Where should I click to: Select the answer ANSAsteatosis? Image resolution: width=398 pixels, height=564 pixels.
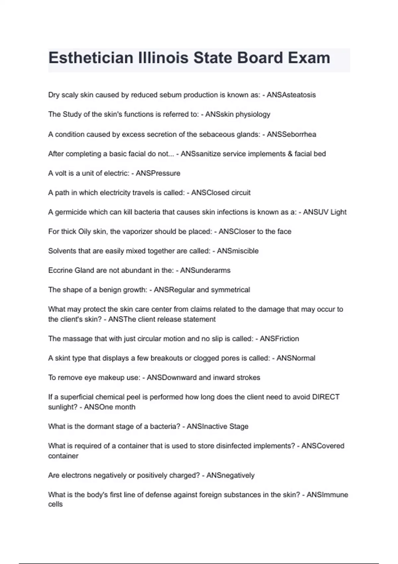(x=291, y=95)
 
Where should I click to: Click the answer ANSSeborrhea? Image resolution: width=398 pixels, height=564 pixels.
(x=292, y=134)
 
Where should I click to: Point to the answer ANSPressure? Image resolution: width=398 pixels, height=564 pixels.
(x=158, y=173)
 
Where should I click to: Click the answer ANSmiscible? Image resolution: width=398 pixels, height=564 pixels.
(x=238, y=251)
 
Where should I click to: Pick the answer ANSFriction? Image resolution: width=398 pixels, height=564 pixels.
(x=279, y=339)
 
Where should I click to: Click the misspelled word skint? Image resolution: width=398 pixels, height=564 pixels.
(x=63, y=358)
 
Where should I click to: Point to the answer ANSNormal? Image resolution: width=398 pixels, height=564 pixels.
(x=296, y=358)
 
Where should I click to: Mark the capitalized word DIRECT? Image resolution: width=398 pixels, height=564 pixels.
(x=326, y=397)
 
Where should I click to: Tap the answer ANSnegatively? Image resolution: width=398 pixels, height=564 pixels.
(x=231, y=475)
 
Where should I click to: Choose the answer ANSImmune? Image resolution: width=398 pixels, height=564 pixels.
(x=327, y=495)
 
